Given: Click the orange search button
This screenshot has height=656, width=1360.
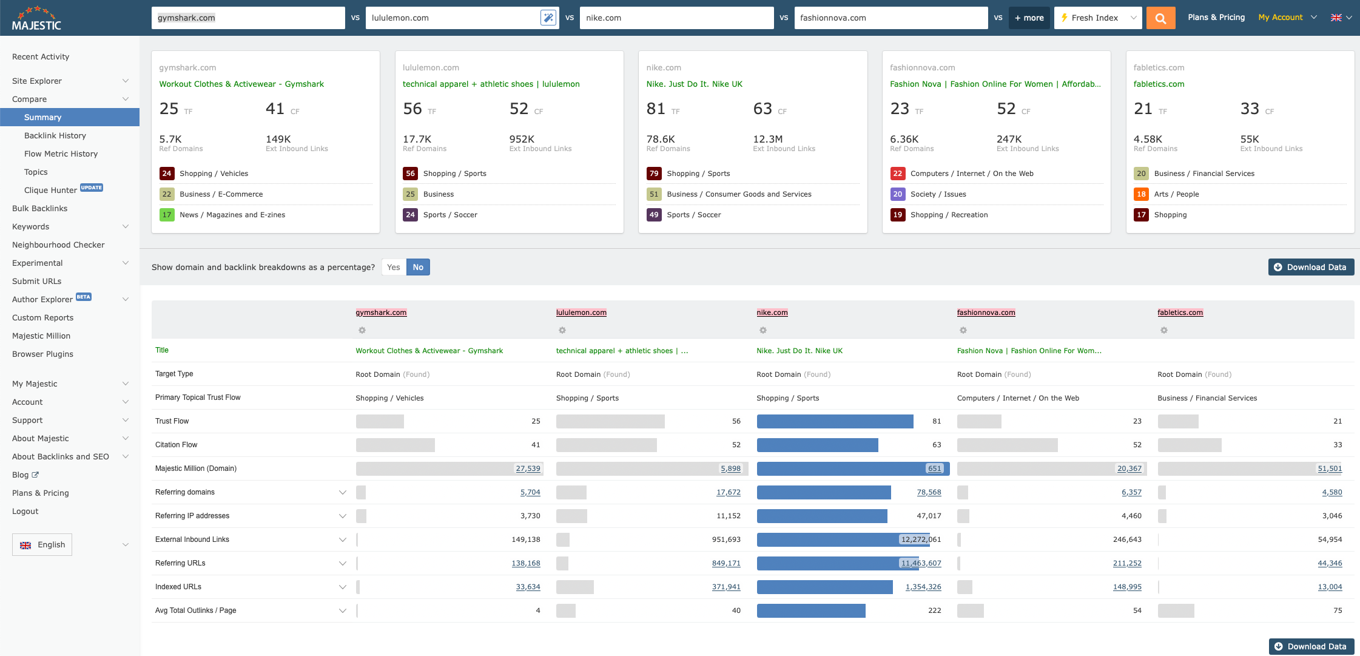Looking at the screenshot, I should [1160, 18].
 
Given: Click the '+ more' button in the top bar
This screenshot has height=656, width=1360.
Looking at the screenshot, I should [1029, 18].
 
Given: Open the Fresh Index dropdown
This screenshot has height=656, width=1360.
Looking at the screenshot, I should [1097, 18].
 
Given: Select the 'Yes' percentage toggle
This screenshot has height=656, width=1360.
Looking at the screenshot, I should [394, 267].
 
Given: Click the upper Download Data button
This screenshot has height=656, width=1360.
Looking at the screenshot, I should [1310, 267].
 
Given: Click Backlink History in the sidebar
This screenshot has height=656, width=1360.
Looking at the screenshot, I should [55, 135].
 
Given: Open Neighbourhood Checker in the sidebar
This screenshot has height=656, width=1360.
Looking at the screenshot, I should [58, 245].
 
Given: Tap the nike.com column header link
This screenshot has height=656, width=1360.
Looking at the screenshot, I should [772, 313].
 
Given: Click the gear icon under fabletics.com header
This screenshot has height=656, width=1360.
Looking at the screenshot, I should [1163, 330].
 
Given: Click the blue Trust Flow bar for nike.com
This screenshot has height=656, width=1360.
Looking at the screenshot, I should [835, 421].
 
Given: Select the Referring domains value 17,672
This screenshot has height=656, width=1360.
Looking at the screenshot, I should [728, 492].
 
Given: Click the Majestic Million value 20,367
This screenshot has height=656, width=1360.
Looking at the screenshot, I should [1129, 468].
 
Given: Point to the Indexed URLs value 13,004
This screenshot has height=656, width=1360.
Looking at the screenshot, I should [1330, 587].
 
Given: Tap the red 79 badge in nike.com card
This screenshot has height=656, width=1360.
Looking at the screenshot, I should [654, 174].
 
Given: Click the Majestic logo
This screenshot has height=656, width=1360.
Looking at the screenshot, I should [36, 18].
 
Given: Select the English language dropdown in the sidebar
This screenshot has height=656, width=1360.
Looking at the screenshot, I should [42, 544].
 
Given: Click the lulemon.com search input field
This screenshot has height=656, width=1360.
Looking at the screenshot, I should [452, 18].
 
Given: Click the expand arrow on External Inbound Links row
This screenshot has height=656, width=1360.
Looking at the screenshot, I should [343, 539].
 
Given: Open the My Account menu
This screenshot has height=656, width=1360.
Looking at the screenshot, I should [1287, 18].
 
